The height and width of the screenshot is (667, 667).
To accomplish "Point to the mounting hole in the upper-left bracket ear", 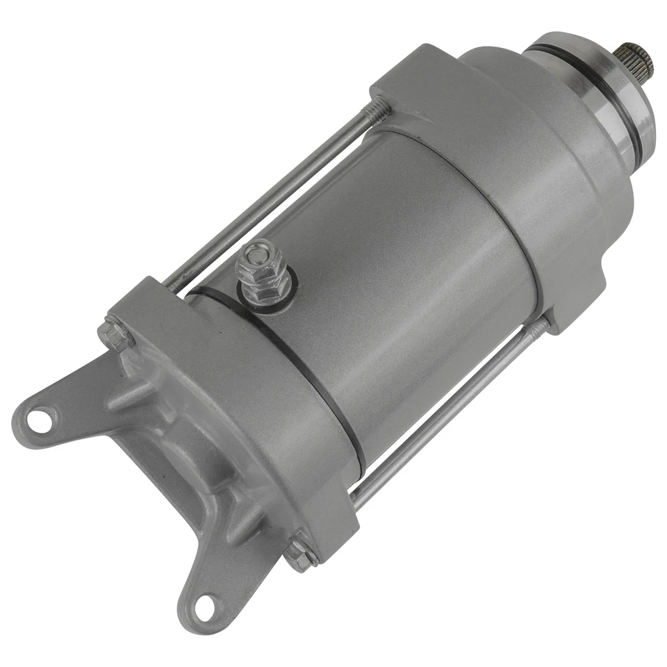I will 40,420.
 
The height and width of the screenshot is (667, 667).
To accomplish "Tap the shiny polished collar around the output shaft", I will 611,90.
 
